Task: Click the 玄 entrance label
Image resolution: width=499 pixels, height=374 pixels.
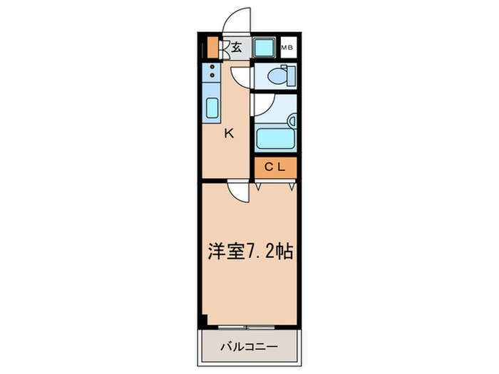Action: (x=237, y=48)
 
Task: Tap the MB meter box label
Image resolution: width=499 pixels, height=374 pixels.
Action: (x=287, y=48)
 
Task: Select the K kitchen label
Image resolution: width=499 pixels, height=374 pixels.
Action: (x=229, y=133)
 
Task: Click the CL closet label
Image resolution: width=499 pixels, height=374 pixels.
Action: (x=275, y=167)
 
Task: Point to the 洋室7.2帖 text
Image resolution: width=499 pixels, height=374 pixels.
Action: (x=250, y=251)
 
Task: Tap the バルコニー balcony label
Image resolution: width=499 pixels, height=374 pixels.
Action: (x=249, y=346)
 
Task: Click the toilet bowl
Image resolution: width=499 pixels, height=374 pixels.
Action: (x=277, y=76)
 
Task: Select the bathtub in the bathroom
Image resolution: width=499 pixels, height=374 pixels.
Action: (x=275, y=138)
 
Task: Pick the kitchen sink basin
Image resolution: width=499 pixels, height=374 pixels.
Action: (x=212, y=108)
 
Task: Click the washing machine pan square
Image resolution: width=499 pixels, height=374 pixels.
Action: (x=264, y=48)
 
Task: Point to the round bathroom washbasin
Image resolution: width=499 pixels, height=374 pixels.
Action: (x=292, y=121)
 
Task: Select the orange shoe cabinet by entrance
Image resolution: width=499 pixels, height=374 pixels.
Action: (x=212, y=48)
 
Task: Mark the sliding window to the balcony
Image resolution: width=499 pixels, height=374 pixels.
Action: (x=247, y=327)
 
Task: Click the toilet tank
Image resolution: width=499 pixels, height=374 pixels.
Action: (x=292, y=76)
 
